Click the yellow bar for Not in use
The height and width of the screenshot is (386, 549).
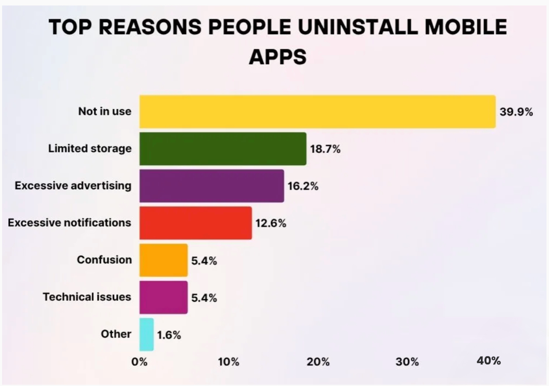[x=317, y=112]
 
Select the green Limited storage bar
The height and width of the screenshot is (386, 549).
[x=223, y=149]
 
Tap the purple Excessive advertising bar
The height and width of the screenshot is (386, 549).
[x=211, y=186]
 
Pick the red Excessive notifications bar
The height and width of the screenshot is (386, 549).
[x=195, y=223]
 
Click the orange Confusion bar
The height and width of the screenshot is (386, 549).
[x=163, y=260]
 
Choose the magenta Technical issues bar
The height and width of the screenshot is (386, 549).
[x=163, y=297]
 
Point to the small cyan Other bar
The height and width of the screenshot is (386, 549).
[x=147, y=334]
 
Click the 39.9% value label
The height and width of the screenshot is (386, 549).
[x=516, y=112]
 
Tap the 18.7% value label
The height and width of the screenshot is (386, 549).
[x=325, y=149]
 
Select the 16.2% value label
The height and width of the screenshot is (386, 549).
[x=303, y=186]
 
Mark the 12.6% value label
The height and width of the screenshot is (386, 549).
[x=271, y=223]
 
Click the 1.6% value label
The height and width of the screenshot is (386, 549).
[x=169, y=335]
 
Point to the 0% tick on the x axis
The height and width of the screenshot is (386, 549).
[x=139, y=362]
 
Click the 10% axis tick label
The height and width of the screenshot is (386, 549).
[x=229, y=362]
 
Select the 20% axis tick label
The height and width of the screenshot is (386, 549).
[x=318, y=362]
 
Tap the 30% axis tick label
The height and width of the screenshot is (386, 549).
[x=407, y=362]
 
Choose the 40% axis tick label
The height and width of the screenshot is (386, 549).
[x=489, y=361]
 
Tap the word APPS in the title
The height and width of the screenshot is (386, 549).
[x=277, y=57]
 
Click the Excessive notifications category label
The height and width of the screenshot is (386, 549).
[x=69, y=222]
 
